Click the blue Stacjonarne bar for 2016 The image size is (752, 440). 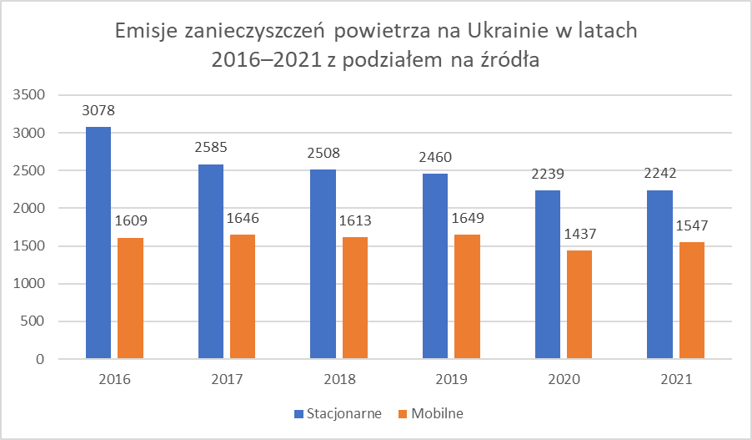tap(98, 243)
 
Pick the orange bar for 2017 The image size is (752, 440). tap(243, 296)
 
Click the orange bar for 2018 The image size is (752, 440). tap(355, 298)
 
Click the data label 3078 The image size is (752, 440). tap(98, 110)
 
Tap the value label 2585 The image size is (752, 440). tap(211, 148)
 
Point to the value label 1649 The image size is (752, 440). tap(467, 218)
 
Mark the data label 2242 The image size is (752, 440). tap(660, 174)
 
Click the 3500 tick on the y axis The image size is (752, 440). tap(28, 95)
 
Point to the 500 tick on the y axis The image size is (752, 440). tap(33, 321)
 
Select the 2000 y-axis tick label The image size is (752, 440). tap(28, 208)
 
